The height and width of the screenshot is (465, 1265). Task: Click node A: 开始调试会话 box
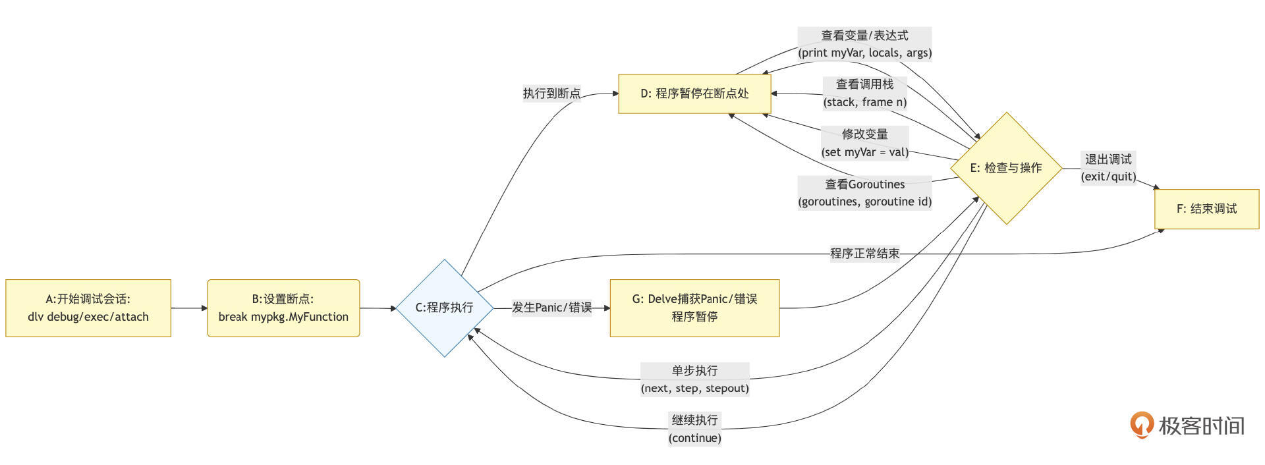[x=88, y=308]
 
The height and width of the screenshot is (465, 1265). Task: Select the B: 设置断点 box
[x=283, y=308]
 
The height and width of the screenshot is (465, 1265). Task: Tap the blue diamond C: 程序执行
[x=445, y=308]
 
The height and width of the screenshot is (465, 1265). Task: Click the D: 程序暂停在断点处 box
[x=694, y=94]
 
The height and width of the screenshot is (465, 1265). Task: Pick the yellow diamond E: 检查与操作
[x=1005, y=168]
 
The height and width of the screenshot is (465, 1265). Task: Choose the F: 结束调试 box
[x=1206, y=209]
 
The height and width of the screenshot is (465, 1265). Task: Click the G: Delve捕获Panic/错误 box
[x=694, y=308]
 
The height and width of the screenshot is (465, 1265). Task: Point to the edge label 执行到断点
[x=551, y=94]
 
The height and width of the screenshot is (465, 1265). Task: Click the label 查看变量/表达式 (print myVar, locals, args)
[x=864, y=44]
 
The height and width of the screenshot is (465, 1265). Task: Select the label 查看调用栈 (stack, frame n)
[x=864, y=93]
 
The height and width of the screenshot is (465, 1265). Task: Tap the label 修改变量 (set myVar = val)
[x=864, y=143]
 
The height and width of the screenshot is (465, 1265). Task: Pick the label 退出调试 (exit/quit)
[x=1108, y=168]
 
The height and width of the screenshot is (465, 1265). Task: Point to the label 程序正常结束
[x=864, y=254]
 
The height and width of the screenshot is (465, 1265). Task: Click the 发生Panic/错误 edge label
[x=551, y=308]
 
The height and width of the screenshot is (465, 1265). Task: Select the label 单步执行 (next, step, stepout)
[x=694, y=379]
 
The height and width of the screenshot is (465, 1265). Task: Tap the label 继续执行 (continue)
[x=694, y=429]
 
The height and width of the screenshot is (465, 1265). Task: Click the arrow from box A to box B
[x=189, y=308]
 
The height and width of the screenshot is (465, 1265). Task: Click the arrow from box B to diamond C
[x=378, y=308]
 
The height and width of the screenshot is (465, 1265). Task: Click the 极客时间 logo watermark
[x=1187, y=425]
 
